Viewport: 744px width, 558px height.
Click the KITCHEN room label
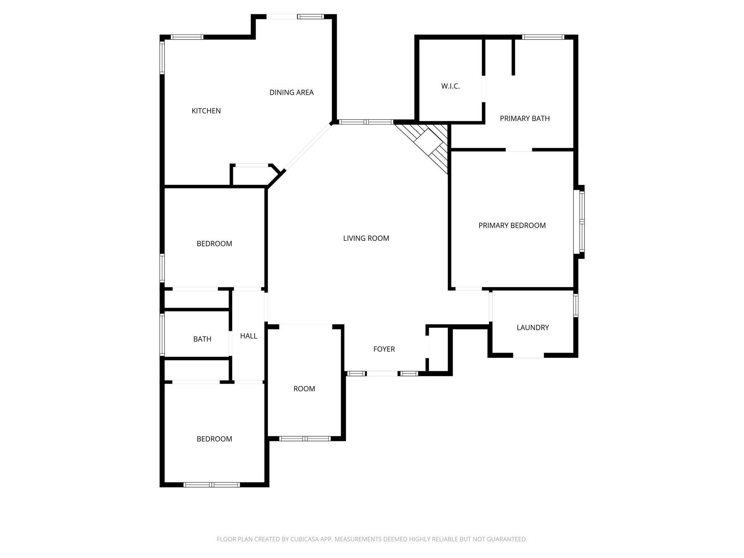coord(206,111)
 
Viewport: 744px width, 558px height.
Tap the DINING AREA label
coord(291,92)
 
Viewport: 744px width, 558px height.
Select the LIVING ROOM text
coord(366,238)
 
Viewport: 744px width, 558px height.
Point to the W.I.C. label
coord(450,86)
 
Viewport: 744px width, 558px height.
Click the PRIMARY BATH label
coord(525,118)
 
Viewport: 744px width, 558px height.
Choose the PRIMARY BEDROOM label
coord(512,226)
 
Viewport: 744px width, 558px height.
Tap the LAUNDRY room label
coord(533,328)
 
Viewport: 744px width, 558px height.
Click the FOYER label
coord(384,349)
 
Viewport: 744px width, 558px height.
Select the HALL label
coord(248,336)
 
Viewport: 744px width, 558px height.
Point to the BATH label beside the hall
coord(202,339)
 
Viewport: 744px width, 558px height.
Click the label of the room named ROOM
coord(304,389)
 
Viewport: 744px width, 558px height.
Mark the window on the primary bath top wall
coord(543,37)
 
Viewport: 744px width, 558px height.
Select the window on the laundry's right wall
coord(576,305)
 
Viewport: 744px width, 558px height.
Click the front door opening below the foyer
coord(382,373)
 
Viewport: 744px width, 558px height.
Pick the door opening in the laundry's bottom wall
coord(528,355)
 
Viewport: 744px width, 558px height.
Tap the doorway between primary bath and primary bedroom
coord(519,150)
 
